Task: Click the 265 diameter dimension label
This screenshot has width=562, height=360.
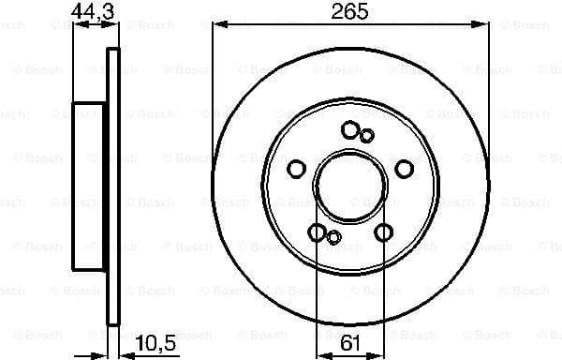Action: (349, 13)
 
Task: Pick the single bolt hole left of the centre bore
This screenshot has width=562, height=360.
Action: (296, 169)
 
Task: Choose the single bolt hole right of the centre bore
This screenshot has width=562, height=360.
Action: (404, 168)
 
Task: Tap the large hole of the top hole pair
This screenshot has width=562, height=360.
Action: (350, 129)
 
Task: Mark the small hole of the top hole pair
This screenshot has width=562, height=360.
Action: (366, 136)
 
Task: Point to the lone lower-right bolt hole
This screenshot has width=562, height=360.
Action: (382, 232)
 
